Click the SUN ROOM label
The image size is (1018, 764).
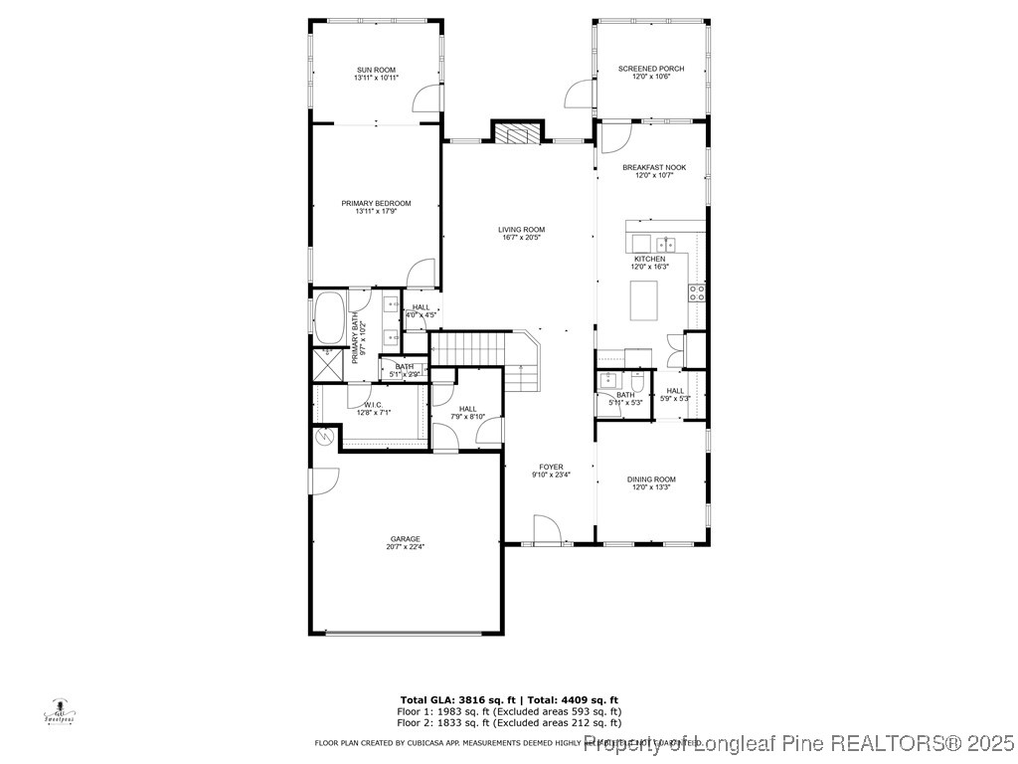[x=376, y=70]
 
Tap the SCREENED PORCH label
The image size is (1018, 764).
[x=651, y=69]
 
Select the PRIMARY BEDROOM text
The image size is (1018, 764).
[x=376, y=203]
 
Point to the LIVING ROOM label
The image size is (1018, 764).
[x=522, y=230]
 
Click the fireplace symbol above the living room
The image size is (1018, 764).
[x=519, y=134]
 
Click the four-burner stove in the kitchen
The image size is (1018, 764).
[x=697, y=291]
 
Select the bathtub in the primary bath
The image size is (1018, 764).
[x=329, y=317]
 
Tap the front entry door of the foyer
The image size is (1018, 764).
[x=546, y=531]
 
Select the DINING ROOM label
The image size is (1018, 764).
[x=651, y=479]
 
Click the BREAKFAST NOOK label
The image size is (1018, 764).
[x=654, y=168]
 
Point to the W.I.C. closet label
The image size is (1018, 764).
[x=374, y=405]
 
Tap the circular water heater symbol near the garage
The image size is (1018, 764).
[x=324, y=436]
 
